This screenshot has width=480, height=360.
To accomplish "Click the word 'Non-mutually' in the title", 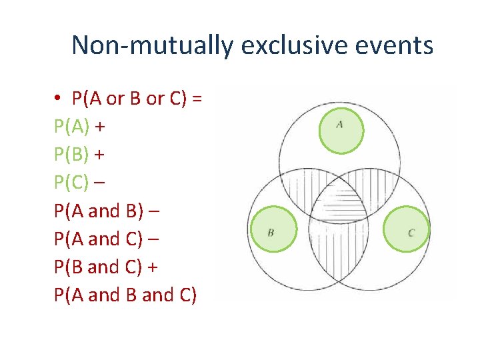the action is pyautogui.click(x=153, y=46).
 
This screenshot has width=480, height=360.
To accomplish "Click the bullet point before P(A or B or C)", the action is pyautogui.click(x=59, y=99).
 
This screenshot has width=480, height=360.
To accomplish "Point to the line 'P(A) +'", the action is pyautogui.click(x=81, y=127).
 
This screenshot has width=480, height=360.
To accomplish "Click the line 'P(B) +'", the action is pyautogui.click(x=81, y=155).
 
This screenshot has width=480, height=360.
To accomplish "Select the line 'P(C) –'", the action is pyautogui.click(x=80, y=183).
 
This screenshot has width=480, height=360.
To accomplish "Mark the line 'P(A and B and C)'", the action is pyautogui.click(x=125, y=295).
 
